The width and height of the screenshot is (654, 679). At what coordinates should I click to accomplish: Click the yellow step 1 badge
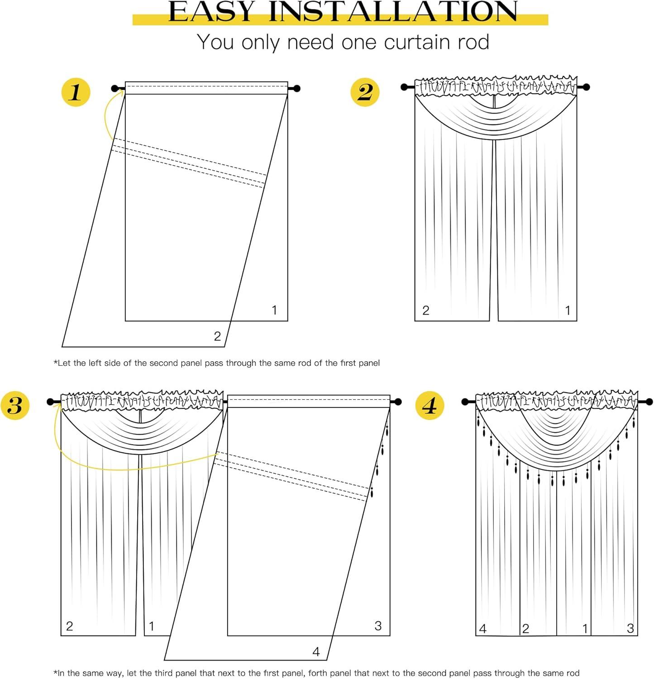[76, 92]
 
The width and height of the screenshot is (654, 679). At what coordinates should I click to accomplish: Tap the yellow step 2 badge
[365, 92]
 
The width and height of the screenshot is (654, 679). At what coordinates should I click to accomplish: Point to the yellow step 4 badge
[430, 405]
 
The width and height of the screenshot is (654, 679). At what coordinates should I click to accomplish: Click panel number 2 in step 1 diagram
[217, 336]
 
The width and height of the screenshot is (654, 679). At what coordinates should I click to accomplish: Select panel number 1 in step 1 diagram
[274, 310]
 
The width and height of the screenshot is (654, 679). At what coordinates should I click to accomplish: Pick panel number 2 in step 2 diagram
[425, 310]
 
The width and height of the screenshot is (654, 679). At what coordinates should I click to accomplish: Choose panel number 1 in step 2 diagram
[568, 310]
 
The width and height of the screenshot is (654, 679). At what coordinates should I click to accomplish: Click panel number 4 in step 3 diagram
[316, 652]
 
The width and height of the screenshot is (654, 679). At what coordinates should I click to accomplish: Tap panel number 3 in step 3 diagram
[378, 626]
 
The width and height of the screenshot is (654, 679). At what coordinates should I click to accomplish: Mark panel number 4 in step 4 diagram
[482, 628]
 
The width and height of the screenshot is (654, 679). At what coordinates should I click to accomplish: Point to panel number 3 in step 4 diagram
[630, 628]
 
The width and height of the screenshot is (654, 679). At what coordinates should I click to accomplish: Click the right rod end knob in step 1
[296, 88]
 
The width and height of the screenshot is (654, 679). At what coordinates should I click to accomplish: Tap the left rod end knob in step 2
[405, 87]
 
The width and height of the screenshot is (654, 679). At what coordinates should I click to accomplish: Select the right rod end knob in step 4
[649, 402]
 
